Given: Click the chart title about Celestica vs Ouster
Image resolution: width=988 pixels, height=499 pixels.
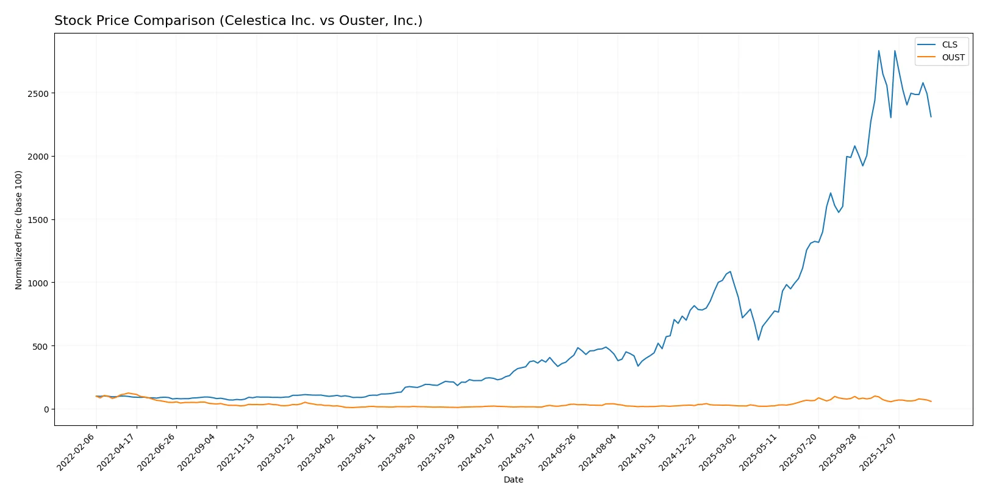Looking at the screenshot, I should pos(238,21).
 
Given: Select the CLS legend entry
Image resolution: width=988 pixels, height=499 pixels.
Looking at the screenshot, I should pos(949,44).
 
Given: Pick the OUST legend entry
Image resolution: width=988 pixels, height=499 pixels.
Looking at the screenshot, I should pos(953,57).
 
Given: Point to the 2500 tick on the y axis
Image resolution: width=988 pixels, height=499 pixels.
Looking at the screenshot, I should pos(38,93).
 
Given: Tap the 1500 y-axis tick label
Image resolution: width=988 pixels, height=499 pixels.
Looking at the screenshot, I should pos(38,220).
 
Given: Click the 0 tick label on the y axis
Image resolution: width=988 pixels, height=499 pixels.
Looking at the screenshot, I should pos(46,409).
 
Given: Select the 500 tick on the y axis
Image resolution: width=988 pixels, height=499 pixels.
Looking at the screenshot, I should pos(41,346).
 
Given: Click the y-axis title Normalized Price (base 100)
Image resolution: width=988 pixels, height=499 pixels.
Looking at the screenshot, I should pos(19,230).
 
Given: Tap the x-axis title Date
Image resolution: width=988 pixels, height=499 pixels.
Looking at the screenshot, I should pos(513,480).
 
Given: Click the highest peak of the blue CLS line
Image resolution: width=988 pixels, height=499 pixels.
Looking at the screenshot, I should pos(879,51).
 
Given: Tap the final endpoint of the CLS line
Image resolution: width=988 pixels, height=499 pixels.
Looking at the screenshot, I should pos(931,116).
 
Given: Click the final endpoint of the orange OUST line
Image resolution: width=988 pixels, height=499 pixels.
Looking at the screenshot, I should pos(931,402).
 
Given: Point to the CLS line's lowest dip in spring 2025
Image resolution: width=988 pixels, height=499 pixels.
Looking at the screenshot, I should pos(759,339).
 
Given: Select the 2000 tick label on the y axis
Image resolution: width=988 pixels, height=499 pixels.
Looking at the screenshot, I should pos(38,157).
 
